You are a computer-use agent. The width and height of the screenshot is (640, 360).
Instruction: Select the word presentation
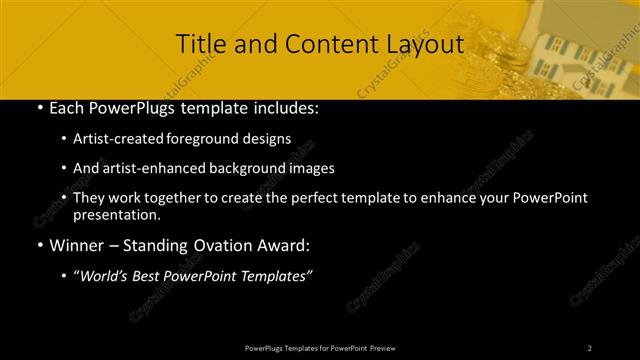[x=116, y=215]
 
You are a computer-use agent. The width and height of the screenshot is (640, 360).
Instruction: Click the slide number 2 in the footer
[x=590, y=348]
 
